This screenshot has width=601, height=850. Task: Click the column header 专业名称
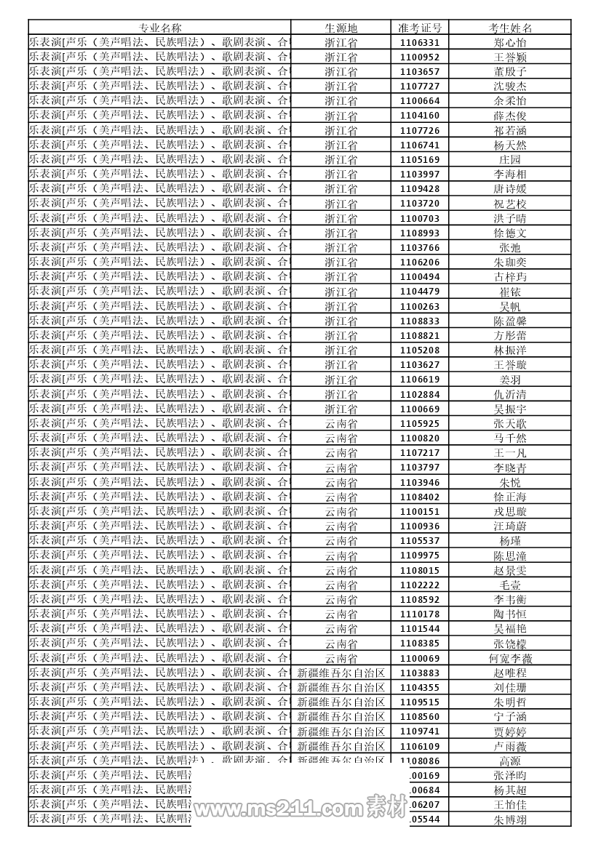click(160, 28)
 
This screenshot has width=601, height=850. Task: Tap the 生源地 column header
click(341, 28)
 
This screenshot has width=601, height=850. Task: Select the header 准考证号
click(420, 28)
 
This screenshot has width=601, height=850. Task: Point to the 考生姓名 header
click(510, 28)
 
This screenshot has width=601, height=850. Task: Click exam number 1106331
click(420, 43)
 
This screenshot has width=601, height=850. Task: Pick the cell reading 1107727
click(420, 87)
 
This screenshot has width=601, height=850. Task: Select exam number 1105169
click(420, 160)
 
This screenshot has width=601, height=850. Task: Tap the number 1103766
click(420, 248)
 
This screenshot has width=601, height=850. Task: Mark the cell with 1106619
click(420, 380)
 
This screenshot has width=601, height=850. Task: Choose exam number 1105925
click(420, 423)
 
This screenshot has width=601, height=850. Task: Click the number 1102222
click(420, 585)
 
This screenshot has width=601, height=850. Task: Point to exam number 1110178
click(420, 614)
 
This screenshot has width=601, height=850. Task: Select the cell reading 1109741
click(420, 731)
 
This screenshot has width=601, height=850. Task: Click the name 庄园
click(510, 160)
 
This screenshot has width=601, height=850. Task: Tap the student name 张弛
click(510, 248)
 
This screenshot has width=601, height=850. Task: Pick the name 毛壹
click(510, 585)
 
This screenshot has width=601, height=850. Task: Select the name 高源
click(510, 761)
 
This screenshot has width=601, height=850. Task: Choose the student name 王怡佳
click(510, 805)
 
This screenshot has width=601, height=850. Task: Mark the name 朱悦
click(510, 482)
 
